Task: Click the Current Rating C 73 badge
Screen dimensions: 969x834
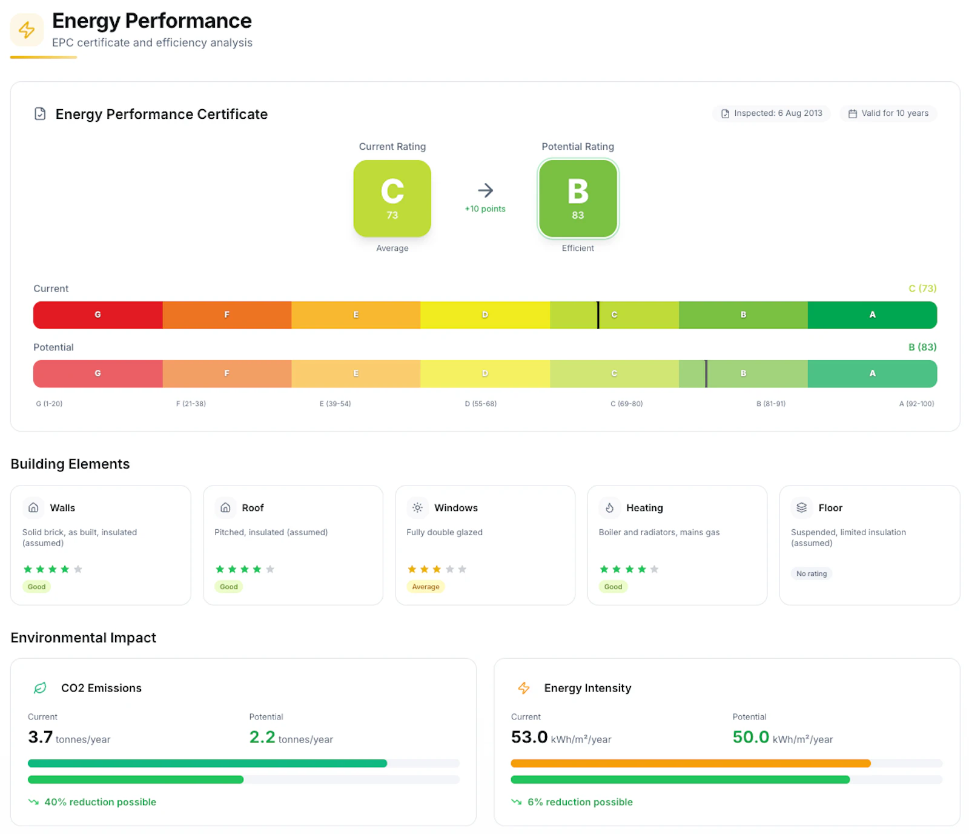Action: (392, 198)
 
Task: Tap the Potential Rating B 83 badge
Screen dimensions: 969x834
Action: (578, 198)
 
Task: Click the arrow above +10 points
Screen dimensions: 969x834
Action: (485, 190)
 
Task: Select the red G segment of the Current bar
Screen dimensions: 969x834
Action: (98, 315)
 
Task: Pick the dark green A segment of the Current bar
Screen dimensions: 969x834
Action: (872, 315)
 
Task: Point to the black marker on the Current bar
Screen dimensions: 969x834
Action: (598, 315)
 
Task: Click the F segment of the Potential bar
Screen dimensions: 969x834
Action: (227, 373)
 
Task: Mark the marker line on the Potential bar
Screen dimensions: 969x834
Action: (706, 373)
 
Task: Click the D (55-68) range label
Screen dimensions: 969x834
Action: (481, 404)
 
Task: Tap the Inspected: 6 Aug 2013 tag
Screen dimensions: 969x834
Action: (772, 113)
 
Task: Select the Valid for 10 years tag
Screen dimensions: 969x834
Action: (888, 113)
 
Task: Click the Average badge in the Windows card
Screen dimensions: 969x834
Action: (426, 587)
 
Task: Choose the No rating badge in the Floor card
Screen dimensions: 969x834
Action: (812, 573)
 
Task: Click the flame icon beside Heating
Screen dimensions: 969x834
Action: (609, 508)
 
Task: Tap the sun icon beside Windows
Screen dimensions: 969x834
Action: (417, 508)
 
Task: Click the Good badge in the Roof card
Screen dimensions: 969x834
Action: (229, 587)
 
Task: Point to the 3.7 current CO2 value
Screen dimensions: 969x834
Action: (41, 737)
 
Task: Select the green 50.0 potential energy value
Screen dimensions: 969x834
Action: (751, 737)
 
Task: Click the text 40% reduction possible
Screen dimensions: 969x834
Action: (101, 802)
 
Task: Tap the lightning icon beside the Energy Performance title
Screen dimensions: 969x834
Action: (27, 30)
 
